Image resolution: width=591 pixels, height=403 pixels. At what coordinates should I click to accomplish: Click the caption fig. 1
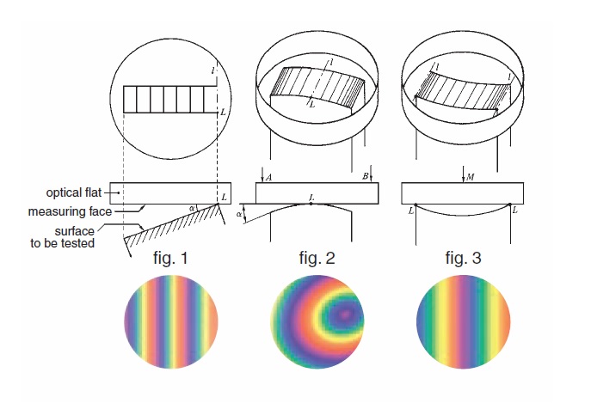coord(170,259)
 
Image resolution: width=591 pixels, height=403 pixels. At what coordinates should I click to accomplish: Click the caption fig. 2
coord(317,259)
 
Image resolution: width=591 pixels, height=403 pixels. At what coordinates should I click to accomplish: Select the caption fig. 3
coord(463,259)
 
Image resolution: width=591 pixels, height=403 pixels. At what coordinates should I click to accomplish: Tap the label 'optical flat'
coord(74,192)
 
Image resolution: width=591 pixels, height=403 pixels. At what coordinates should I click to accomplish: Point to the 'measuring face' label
coord(70,211)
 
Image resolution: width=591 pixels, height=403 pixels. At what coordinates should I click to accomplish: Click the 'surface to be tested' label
coord(63,237)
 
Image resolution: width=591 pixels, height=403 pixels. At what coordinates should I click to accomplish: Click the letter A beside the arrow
coord(268,177)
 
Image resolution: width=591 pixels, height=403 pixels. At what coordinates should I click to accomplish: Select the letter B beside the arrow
coord(366,176)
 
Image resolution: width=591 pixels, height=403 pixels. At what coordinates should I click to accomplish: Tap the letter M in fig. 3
coord(470,177)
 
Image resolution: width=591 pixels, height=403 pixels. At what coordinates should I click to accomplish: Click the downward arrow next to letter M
coord(464,174)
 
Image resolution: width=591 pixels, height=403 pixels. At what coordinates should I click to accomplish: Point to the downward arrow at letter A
coord(262,174)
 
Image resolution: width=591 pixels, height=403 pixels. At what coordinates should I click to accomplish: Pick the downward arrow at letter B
coord(372,174)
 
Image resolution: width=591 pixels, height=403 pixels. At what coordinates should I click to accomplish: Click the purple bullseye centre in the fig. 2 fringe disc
coord(344,314)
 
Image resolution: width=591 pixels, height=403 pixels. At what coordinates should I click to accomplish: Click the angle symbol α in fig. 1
coord(192,208)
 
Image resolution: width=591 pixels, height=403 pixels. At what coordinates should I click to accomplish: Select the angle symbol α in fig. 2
coord(239,214)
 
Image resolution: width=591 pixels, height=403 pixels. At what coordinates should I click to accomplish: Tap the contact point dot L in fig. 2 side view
coord(311,204)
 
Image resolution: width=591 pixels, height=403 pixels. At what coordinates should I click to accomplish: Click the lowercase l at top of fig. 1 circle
coord(213,70)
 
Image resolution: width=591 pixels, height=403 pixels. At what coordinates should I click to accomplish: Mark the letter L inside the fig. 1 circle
coord(223,113)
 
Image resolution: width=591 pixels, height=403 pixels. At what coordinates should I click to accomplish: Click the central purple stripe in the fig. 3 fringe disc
coord(463,322)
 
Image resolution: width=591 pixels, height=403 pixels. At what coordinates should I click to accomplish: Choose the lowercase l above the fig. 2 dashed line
coord(331,62)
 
